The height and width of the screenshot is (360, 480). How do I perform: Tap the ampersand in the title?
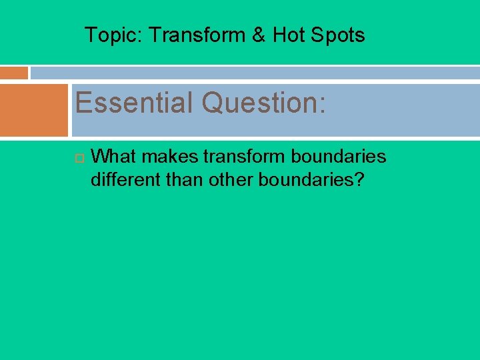(x=259, y=35)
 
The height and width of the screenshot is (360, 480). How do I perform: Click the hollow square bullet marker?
(x=78, y=157)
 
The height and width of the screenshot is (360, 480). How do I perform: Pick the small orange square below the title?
(x=14, y=73)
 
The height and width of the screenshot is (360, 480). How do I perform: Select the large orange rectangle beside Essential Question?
(x=34, y=110)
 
